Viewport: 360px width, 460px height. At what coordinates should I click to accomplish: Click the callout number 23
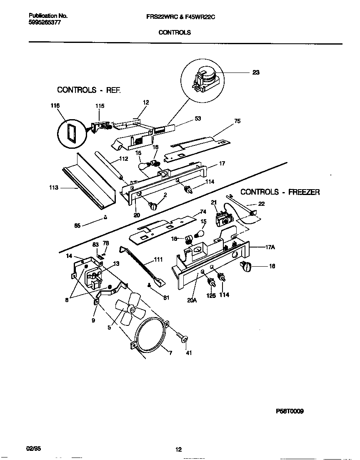[x=256, y=72]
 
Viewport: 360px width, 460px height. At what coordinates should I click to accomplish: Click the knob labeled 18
[x=245, y=266]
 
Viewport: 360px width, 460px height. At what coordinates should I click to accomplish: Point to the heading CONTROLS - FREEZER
[x=280, y=192]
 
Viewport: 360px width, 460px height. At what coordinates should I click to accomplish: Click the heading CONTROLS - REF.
[x=88, y=90]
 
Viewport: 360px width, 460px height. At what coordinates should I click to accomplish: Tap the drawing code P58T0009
[x=290, y=411]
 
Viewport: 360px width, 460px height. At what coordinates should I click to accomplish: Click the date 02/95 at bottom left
[x=33, y=449]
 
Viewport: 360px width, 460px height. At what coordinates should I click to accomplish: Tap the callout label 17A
[x=270, y=247]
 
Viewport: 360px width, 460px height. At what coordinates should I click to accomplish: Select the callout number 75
[x=237, y=121]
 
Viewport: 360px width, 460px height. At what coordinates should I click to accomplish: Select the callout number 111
[x=158, y=260]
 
